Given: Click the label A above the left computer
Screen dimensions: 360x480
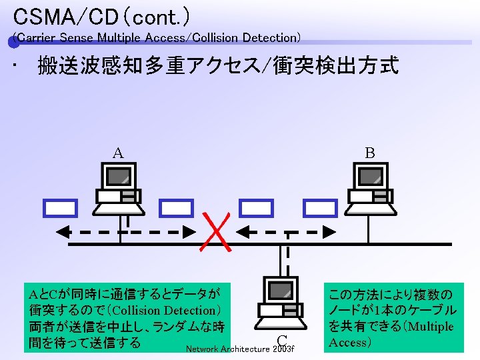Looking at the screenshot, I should coord(117,153).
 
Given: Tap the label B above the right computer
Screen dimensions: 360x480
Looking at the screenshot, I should coord(369,153).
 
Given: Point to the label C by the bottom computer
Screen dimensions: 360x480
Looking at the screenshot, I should coord(282,341).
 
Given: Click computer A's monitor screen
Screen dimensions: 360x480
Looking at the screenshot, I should coord(119,176).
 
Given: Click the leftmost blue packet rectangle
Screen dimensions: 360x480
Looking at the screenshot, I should coord(60,209).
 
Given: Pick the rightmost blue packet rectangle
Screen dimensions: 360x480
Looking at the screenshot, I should coord(320,209).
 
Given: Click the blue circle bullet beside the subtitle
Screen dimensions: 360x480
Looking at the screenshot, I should coord(13,42).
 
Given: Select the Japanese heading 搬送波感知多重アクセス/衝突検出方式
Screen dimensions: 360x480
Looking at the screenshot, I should coord(218,66).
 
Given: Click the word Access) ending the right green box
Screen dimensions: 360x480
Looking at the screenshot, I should coord(349,343).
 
